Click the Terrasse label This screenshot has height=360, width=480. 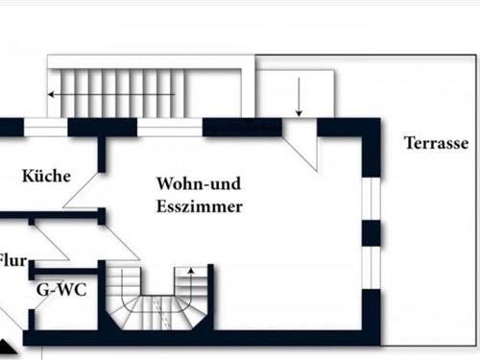point(436,144)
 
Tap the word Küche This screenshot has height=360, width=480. point(45,176)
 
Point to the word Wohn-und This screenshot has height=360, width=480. point(199,182)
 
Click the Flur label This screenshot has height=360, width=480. point(12,259)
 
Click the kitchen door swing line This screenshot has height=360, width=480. point(82,187)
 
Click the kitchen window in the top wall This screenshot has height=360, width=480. point(45,128)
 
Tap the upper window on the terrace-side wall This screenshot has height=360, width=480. point(371,199)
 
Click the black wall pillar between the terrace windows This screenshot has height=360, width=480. point(371,232)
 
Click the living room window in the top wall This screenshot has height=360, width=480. point(170,128)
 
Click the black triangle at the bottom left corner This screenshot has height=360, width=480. point(8,348)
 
